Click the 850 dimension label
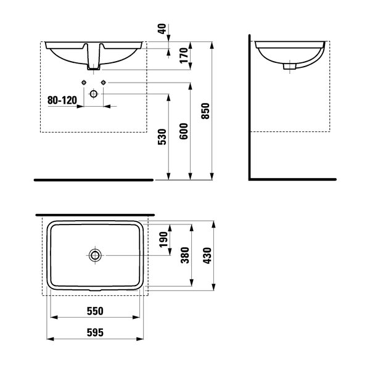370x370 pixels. click(205, 111)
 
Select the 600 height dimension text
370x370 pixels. click(184, 131)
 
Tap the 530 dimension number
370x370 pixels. click(162, 137)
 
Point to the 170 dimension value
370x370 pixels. click(184, 55)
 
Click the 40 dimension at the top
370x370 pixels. click(162, 29)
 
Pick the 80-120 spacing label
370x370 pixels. click(62, 101)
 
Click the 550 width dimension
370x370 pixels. click(95, 311)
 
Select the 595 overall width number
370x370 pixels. click(95, 332)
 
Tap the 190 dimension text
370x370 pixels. click(163, 239)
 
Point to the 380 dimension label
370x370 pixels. click(185, 255)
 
